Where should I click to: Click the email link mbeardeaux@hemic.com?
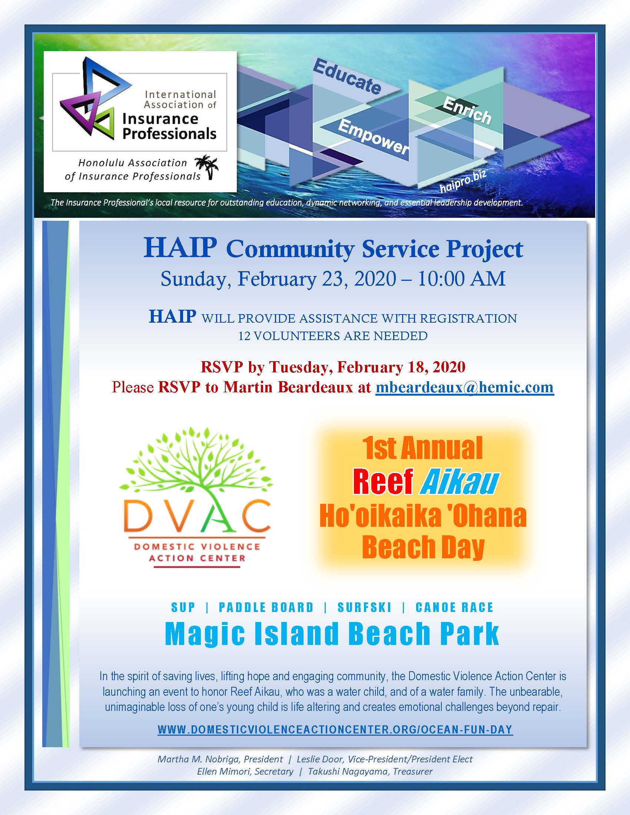(x=465, y=387)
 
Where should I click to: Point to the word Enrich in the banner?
(x=467, y=110)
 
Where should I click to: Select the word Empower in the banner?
(x=374, y=137)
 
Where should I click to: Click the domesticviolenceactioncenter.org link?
(x=335, y=729)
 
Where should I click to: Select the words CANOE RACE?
(x=454, y=608)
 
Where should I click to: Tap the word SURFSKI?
(x=364, y=608)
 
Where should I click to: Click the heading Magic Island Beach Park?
(x=332, y=634)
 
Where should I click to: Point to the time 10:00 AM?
(x=461, y=279)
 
